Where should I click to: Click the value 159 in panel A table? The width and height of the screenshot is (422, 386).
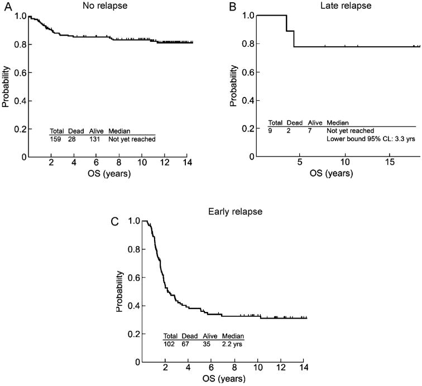(56, 139)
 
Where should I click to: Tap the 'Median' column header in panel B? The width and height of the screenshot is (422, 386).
(337, 122)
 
